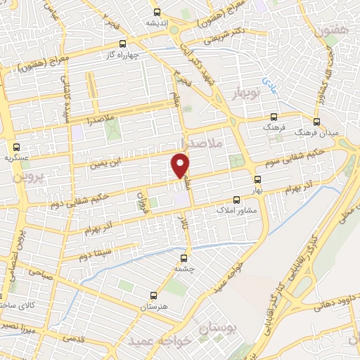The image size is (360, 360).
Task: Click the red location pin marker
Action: point(181,166)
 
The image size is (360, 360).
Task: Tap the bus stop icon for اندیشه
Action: point(157,11)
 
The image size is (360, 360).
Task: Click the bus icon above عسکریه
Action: point(17,146)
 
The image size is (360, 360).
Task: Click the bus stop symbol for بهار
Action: point(236,180)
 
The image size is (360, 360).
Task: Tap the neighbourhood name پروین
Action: point(29,174)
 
